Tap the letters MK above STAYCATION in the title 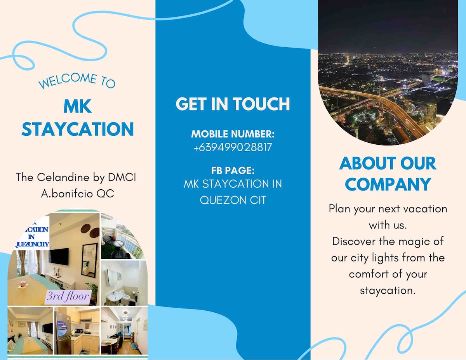click(x=78, y=106)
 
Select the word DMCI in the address click(x=122, y=177)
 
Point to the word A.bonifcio click(x=67, y=194)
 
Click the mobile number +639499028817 click(x=233, y=147)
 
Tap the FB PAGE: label click(x=233, y=170)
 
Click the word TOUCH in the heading click(x=261, y=104)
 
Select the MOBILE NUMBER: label click(x=233, y=134)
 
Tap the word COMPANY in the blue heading click(x=388, y=184)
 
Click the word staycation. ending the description click(x=388, y=291)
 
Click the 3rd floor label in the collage click(x=68, y=296)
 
